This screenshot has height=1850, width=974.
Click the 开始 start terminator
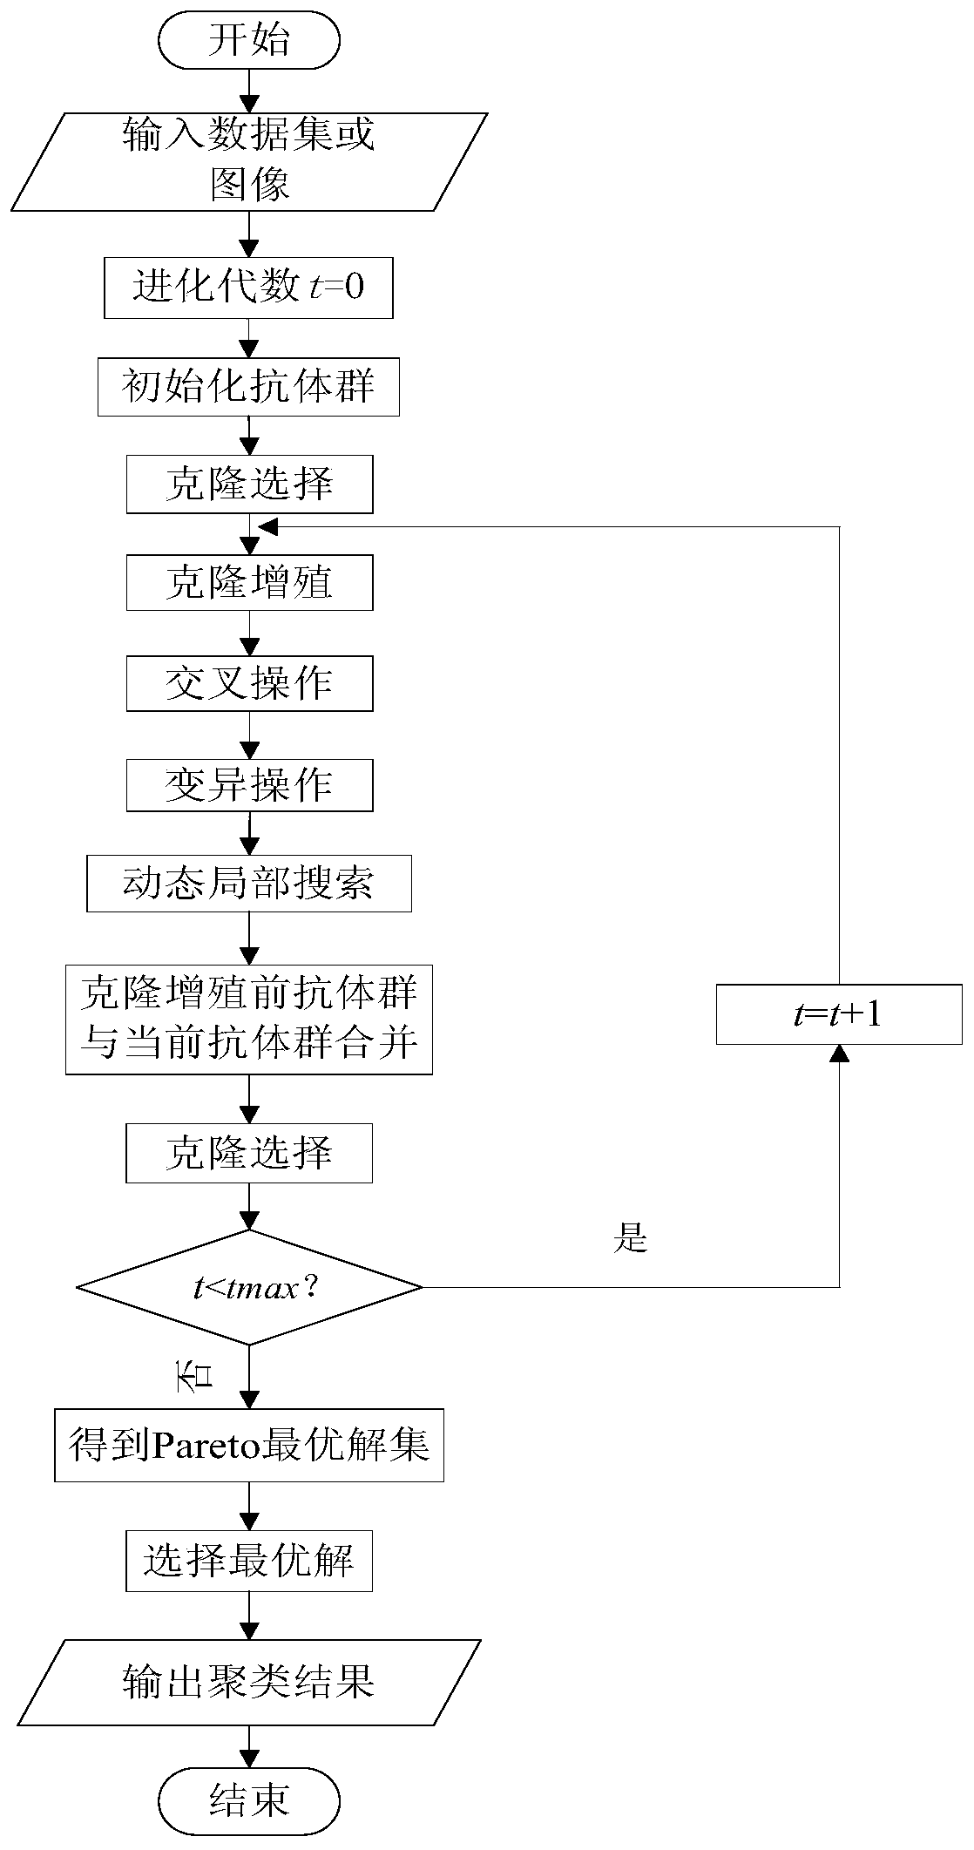(249, 41)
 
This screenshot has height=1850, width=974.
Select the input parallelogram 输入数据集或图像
(249, 161)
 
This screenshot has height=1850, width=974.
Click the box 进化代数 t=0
(248, 287)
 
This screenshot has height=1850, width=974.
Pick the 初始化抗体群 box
(248, 386)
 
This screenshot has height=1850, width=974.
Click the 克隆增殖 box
(249, 582)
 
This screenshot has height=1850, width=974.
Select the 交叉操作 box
(249, 683)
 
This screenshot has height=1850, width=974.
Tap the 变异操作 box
(249, 785)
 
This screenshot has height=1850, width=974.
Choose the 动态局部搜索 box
(249, 884)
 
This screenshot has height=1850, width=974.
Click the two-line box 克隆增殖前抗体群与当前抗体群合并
(249, 1018)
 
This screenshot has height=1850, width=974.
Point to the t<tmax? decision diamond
(249, 1286)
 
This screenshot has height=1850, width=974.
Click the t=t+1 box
(839, 1014)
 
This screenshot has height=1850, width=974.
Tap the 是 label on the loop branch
(630, 1237)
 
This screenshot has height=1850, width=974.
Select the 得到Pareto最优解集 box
(249, 1446)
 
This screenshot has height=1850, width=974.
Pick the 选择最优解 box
(249, 1561)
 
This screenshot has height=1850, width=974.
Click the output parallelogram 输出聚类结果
(249, 1683)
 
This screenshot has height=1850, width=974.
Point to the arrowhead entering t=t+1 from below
(839, 1054)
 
